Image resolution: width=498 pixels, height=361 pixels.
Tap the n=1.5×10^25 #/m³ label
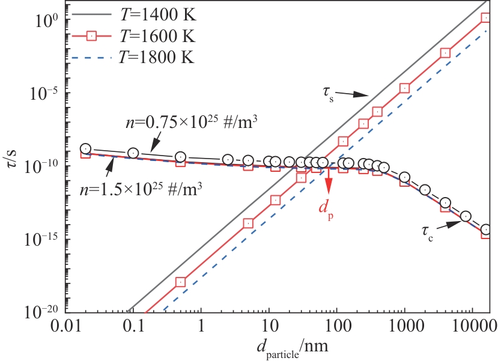[x=139, y=186]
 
